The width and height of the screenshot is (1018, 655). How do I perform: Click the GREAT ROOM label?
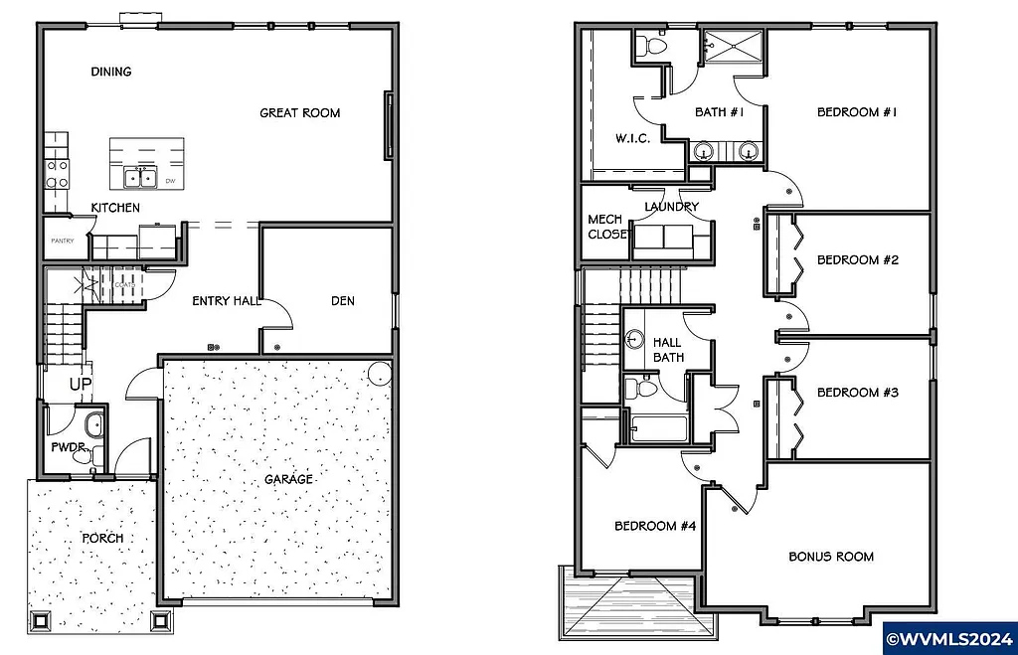point(299,113)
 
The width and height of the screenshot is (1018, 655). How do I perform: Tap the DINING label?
point(111,72)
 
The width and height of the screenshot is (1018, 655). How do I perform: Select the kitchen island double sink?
point(139,178)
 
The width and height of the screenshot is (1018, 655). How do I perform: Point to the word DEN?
point(342,301)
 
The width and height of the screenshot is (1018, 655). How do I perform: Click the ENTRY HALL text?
point(226,301)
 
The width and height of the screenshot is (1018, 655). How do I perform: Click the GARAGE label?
point(288,479)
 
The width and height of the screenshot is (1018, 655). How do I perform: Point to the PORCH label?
point(103,538)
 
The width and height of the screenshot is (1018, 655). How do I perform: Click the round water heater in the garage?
point(379,375)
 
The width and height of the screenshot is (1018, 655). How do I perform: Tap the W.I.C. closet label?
point(633,138)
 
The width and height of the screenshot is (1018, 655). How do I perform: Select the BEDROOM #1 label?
point(857,112)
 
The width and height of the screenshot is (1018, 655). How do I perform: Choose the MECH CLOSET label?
point(606,227)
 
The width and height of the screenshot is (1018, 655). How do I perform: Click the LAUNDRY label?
point(671,207)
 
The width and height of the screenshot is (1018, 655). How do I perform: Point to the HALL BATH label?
point(667,350)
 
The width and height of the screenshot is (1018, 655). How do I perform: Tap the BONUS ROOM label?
point(831,557)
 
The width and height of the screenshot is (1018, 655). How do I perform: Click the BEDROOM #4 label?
point(654,526)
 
